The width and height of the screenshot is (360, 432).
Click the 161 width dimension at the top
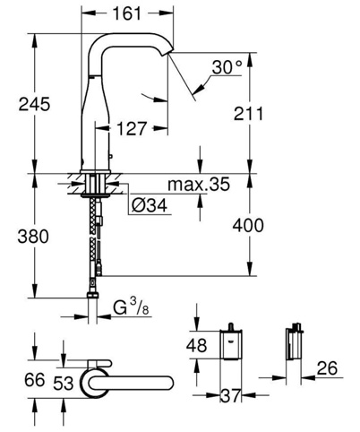(126, 13)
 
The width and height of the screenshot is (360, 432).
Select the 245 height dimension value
(34, 104)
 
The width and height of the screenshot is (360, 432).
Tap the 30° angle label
(226, 67)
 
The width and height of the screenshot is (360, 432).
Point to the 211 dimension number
(248, 114)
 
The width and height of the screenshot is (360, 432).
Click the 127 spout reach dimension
(132, 128)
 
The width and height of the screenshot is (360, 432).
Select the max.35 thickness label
(199, 184)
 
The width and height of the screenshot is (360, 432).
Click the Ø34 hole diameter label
(150, 205)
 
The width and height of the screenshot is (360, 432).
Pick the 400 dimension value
(248, 225)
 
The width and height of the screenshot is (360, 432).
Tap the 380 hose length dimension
(33, 237)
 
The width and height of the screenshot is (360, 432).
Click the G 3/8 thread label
(131, 307)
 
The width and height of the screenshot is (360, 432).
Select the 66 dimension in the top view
(34, 380)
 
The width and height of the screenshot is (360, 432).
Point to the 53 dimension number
(64, 383)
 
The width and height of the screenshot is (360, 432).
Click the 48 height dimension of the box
(196, 345)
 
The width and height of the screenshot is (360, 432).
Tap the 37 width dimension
(231, 396)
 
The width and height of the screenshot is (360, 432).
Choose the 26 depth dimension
(327, 368)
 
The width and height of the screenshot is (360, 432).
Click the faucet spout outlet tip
(168, 53)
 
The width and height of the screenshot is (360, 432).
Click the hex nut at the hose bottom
(92, 295)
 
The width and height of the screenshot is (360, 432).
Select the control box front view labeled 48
(231, 342)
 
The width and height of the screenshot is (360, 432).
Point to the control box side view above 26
(294, 341)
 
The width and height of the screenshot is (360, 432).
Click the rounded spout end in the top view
(169, 383)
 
